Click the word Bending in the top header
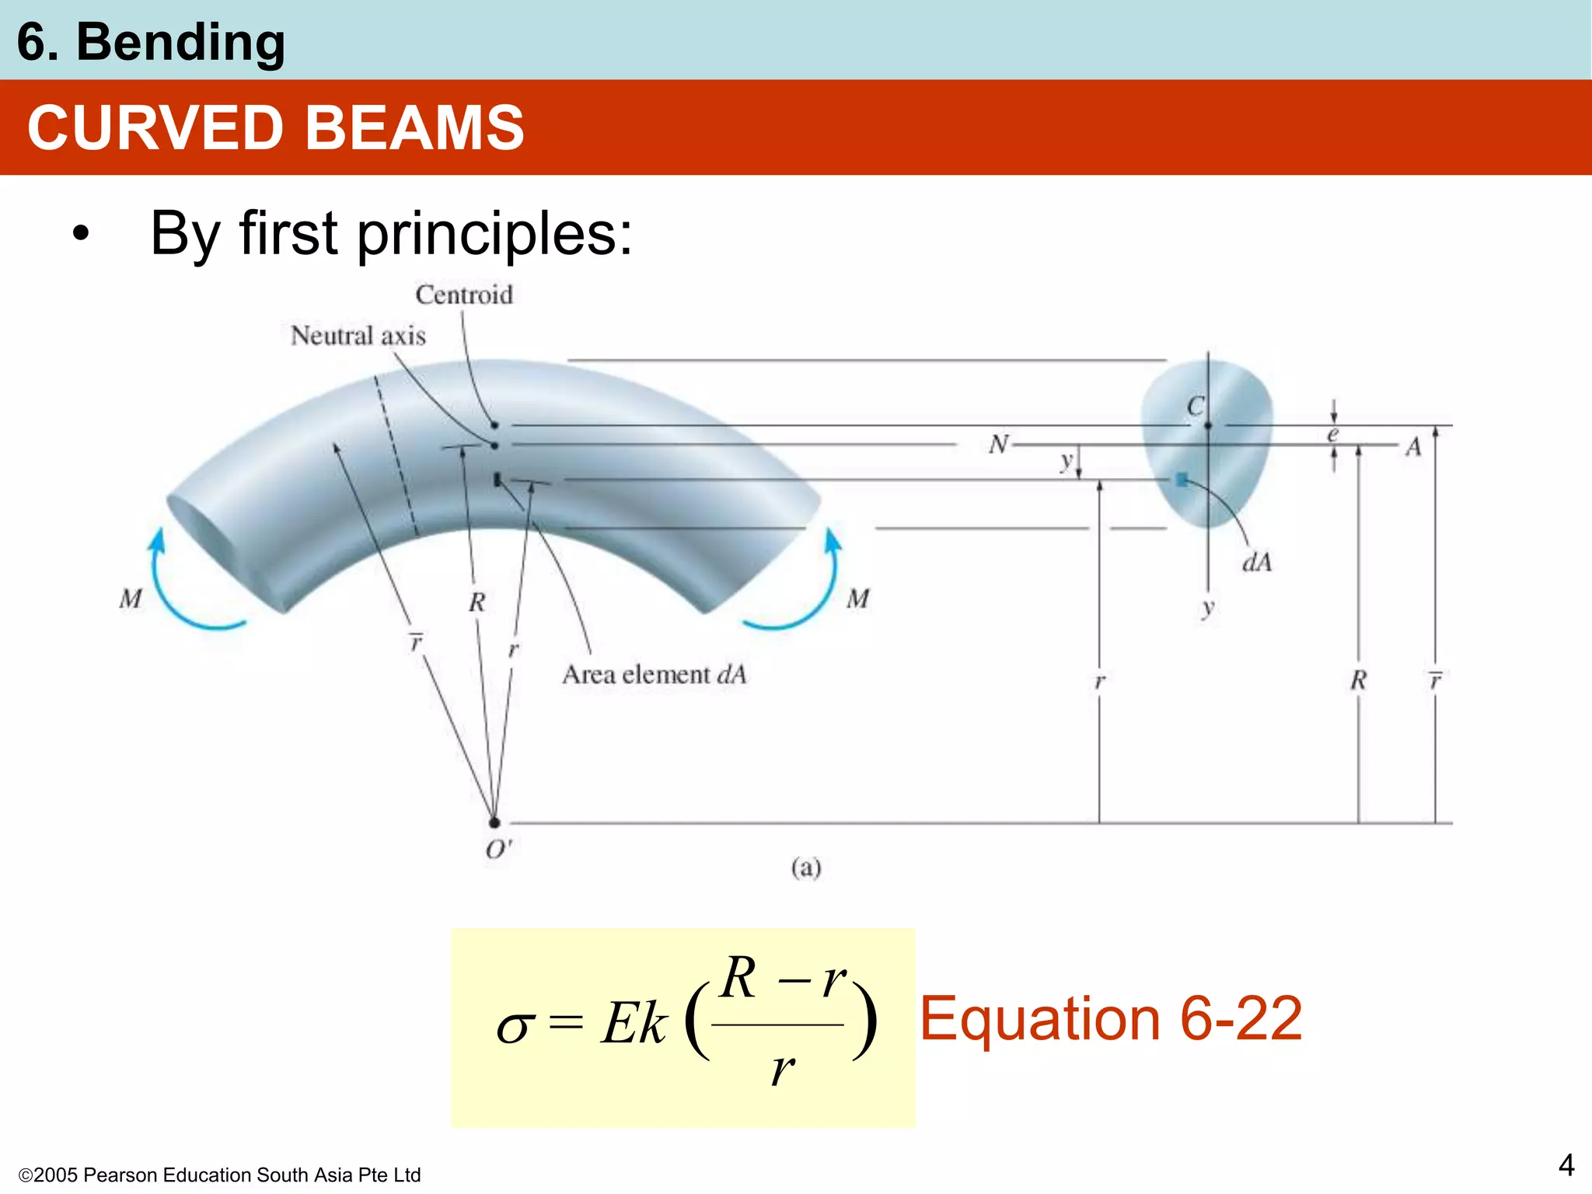point(180,42)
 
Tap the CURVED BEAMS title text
point(276,127)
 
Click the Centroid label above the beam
point(464,295)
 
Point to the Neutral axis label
point(358,336)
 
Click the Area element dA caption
point(654,675)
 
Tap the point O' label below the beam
point(498,850)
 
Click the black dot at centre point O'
point(494,822)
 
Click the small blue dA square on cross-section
point(1182,480)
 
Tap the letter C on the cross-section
point(1195,407)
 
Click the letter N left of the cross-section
point(998,445)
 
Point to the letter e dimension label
point(1332,435)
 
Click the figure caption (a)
point(806,867)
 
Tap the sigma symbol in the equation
point(515,1027)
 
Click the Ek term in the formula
point(634,1023)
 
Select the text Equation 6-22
point(1111,1018)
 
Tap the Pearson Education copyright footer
point(220,1175)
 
